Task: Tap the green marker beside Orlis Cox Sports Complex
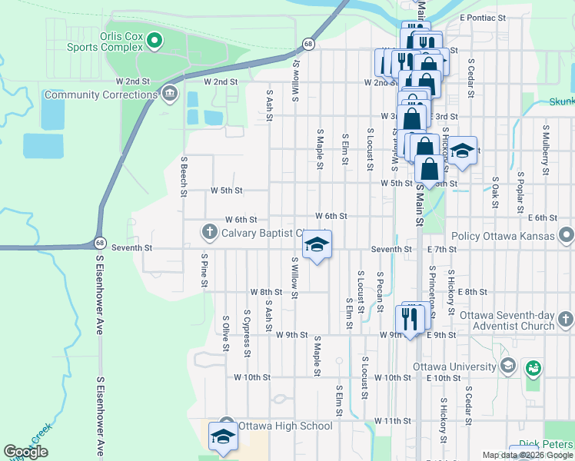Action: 155,40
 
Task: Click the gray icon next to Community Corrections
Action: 170,95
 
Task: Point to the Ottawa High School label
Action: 285,426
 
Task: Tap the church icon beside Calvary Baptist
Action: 209,231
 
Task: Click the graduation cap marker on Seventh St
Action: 315,245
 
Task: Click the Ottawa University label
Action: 455,365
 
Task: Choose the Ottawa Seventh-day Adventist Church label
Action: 507,320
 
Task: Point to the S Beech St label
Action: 184,176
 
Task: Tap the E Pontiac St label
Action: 483,16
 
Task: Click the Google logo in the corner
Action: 26,452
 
